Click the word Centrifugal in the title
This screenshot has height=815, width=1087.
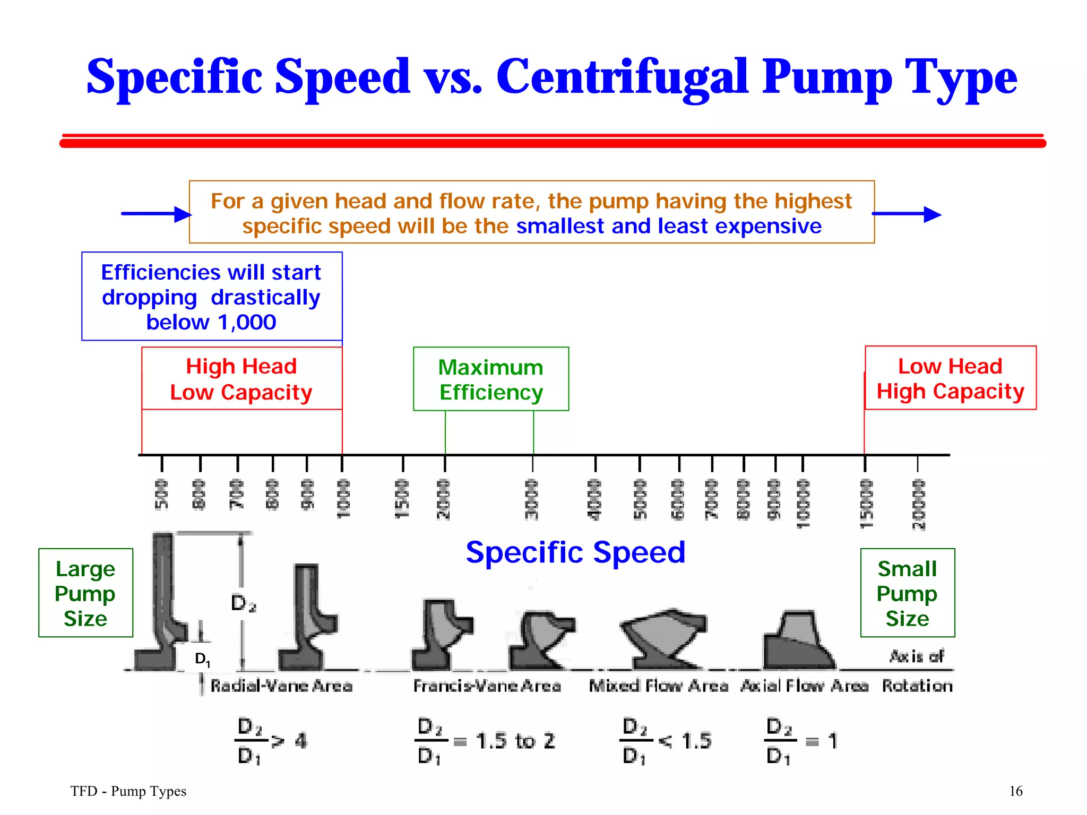(x=622, y=77)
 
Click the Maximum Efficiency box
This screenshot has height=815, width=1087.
(x=491, y=379)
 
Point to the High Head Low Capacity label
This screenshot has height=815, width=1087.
(x=241, y=379)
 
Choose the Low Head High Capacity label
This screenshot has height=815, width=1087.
(x=950, y=378)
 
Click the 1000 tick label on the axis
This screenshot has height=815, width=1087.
(x=343, y=499)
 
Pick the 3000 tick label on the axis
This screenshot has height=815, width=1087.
(x=531, y=499)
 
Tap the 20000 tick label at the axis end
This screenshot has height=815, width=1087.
(x=918, y=504)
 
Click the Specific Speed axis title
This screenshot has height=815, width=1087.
(x=575, y=552)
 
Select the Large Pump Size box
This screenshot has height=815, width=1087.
(x=85, y=593)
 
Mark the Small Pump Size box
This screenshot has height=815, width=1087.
(x=907, y=593)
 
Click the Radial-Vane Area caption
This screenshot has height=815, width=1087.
(x=281, y=686)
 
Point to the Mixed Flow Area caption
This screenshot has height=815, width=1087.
(x=658, y=686)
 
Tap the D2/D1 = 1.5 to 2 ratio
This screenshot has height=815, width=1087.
(x=486, y=741)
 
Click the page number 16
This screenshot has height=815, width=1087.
(x=1015, y=791)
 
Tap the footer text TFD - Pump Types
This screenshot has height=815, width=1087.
(x=128, y=791)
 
